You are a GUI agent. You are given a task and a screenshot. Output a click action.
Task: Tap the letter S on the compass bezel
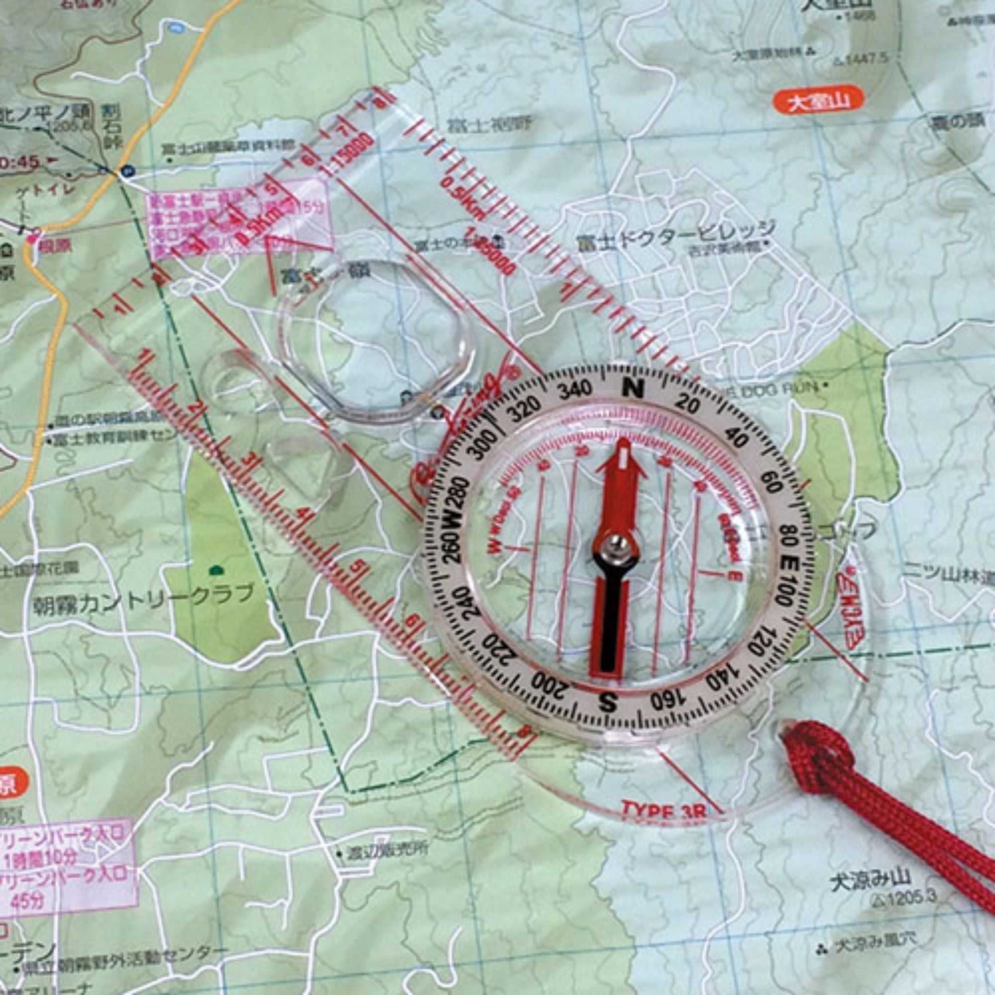(608, 700)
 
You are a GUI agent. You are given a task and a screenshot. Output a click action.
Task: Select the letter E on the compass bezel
(788, 561)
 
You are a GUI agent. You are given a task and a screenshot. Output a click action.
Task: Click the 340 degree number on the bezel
(575, 390)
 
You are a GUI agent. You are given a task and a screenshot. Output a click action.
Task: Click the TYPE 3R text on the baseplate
(663, 810)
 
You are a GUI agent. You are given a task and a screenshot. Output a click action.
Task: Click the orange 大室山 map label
(818, 101)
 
